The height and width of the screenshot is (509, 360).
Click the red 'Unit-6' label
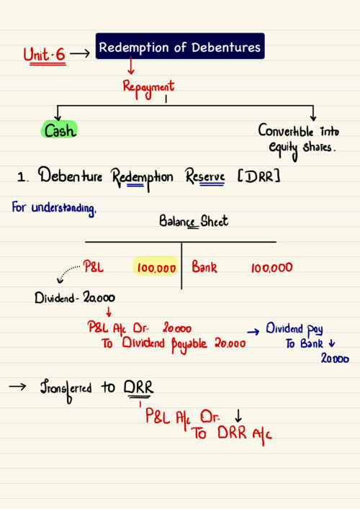pos(45,55)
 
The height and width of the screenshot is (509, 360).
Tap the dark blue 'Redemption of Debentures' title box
pos(180,46)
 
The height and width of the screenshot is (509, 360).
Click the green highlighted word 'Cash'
pos(59,130)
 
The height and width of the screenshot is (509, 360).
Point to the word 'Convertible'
pos(286,131)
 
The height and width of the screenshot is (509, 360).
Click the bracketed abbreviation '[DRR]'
pos(259,176)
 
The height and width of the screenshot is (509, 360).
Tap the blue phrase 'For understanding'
pos(54,208)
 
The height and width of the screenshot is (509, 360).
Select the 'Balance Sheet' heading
pos(194,222)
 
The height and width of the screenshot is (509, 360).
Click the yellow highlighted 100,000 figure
pos(156,268)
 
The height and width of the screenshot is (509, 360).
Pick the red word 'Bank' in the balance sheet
pos(204,267)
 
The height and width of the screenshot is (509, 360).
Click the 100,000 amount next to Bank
pos(271,268)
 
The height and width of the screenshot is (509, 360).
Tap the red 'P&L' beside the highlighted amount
pos(93,266)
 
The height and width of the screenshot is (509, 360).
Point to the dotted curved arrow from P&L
pos(66,273)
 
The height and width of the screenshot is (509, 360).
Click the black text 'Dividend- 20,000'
pos(75,297)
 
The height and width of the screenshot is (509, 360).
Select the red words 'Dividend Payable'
pos(164,344)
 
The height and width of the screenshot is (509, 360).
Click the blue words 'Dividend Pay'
pos(294,329)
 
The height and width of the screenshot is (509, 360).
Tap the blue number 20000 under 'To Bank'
pos(335,359)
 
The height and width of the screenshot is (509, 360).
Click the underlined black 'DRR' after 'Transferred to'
pos(139,387)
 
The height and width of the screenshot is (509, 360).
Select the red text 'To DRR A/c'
pos(232,434)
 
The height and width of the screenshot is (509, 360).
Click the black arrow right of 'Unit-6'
pos(80,53)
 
